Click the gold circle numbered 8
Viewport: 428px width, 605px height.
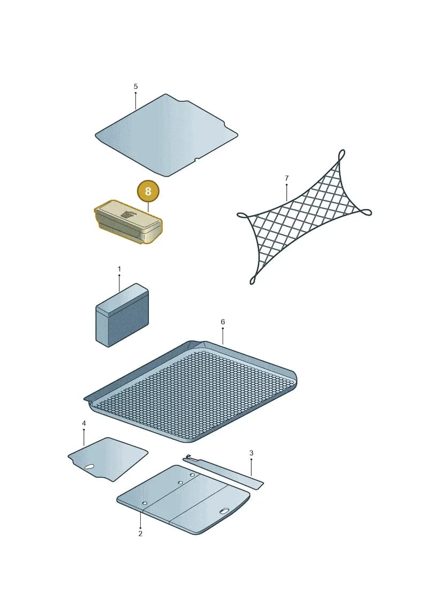tap(148, 192)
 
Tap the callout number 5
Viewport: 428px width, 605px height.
tap(135, 87)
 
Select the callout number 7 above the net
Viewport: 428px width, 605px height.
tap(286, 178)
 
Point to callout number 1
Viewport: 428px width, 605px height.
tap(119, 269)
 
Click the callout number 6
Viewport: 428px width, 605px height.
tap(223, 322)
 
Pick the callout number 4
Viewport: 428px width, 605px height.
tap(84, 423)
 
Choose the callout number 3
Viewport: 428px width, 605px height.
tap(251, 453)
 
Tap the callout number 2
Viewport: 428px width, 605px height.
tap(140, 534)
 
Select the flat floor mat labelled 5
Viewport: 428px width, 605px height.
tap(166, 135)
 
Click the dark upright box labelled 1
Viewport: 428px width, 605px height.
tap(122, 315)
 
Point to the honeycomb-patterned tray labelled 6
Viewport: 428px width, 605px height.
tap(191, 391)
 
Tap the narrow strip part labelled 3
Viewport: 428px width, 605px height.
tap(223, 472)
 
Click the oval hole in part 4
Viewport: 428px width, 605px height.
tap(89, 467)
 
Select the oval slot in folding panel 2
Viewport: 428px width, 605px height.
tap(224, 511)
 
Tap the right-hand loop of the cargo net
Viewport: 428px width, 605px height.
tap(365, 212)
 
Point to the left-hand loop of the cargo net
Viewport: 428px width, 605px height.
tap(242, 215)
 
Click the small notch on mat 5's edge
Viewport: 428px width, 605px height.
tap(196, 159)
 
